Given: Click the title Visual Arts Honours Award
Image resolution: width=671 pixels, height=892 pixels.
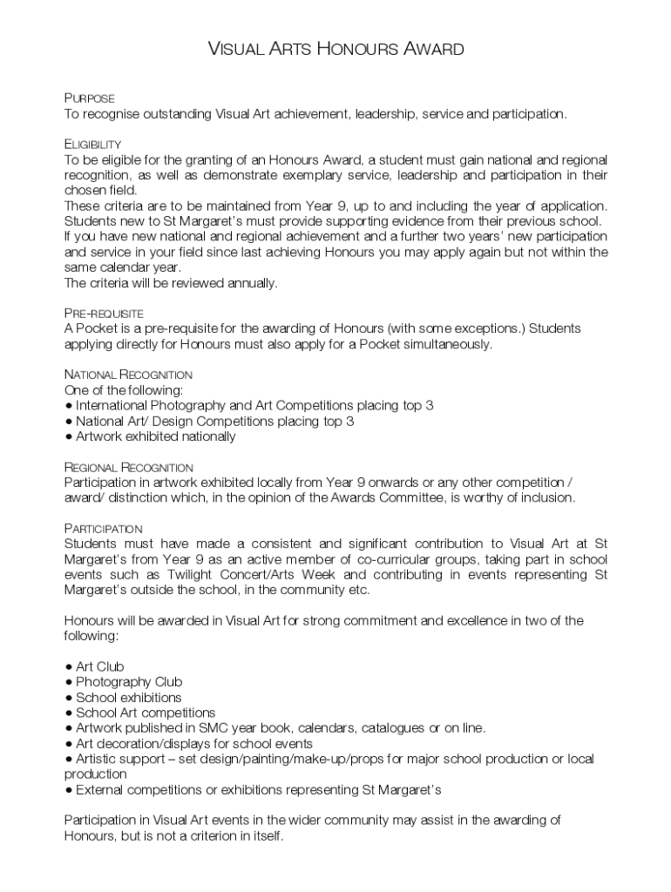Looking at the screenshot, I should click(335, 49).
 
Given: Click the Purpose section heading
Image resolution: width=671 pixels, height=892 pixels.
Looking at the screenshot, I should click(89, 98).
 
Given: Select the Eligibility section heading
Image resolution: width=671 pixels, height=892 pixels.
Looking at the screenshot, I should click(92, 144).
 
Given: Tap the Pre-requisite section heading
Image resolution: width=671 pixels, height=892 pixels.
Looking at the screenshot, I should click(104, 313).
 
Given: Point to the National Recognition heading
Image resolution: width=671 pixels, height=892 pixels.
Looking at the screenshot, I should click(128, 375).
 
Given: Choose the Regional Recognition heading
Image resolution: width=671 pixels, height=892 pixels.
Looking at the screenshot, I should click(128, 467).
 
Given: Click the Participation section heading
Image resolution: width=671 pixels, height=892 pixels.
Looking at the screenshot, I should click(104, 529).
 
